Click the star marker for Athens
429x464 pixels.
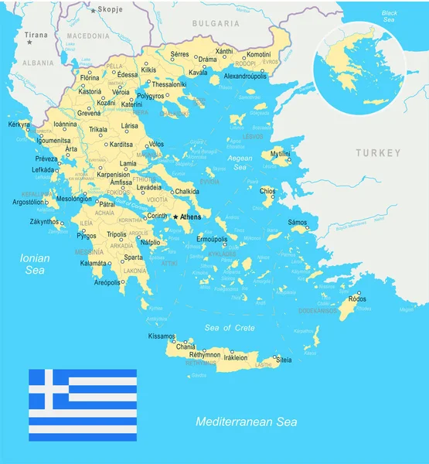(x=175, y=217)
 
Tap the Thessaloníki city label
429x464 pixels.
(x=168, y=84)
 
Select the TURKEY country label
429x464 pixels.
(x=379, y=153)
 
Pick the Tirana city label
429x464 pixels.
(x=36, y=35)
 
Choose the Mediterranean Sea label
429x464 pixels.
(x=246, y=422)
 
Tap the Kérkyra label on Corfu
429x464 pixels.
(x=19, y=124)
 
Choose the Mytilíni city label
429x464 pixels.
(x=280, y=155)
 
